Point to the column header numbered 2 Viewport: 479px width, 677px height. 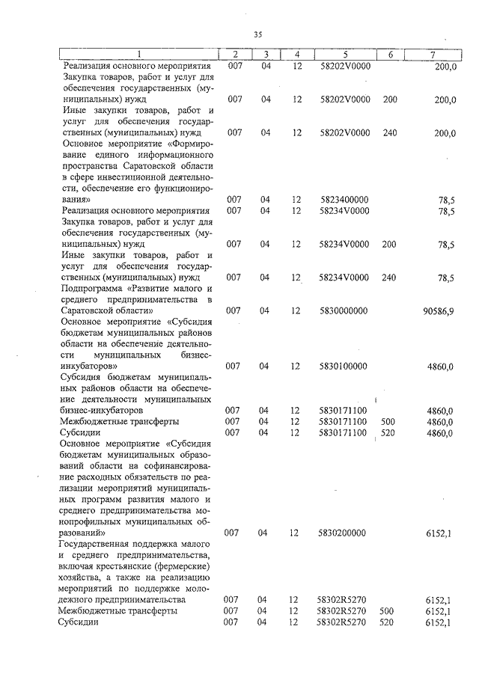235,54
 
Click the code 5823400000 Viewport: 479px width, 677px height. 344,200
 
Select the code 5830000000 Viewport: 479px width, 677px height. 344,310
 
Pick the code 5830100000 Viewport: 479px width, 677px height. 344,366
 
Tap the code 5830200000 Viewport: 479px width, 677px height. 344,533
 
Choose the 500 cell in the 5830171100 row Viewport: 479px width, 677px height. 388,421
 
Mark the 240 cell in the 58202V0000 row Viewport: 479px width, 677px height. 389,132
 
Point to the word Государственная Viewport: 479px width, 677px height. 100,544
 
